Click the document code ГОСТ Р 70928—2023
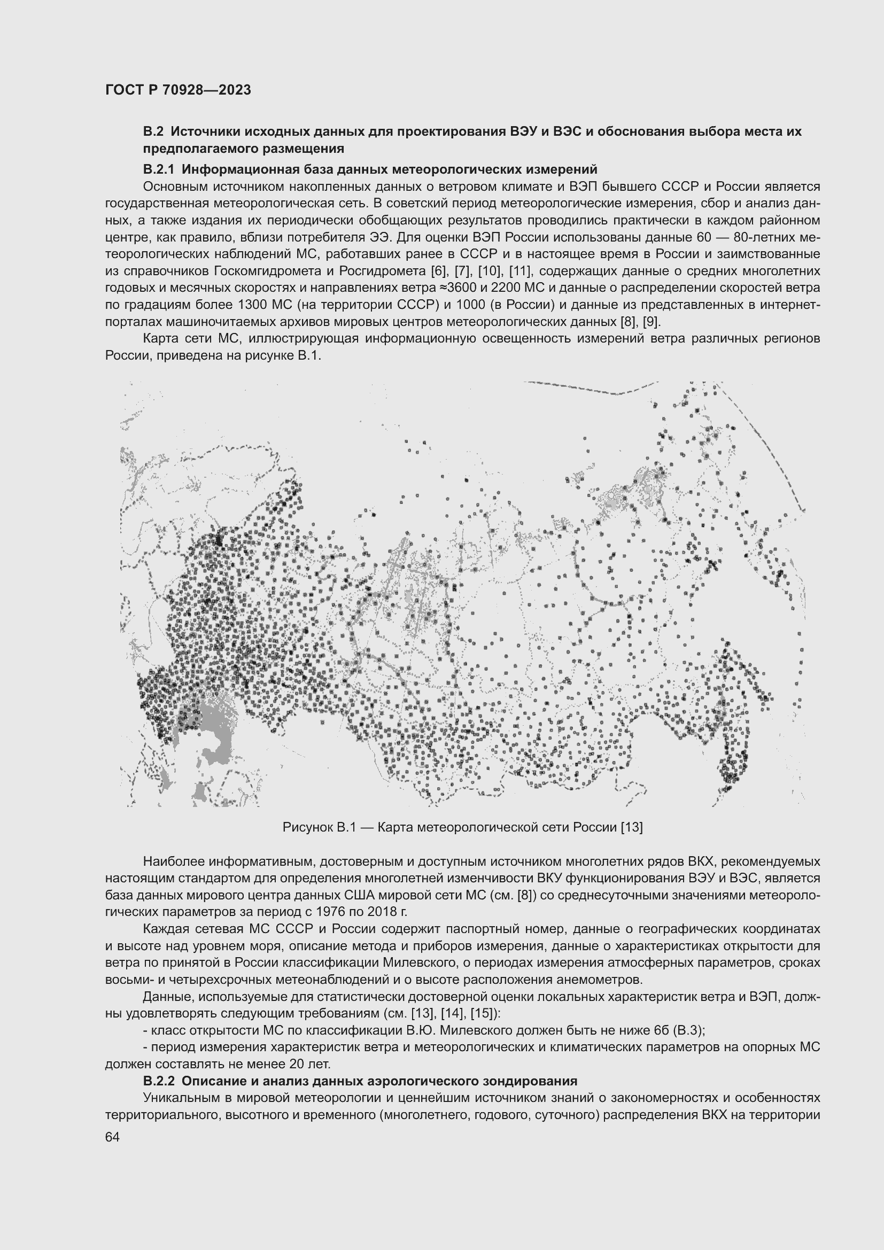(178, 90)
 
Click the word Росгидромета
(388, 270)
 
